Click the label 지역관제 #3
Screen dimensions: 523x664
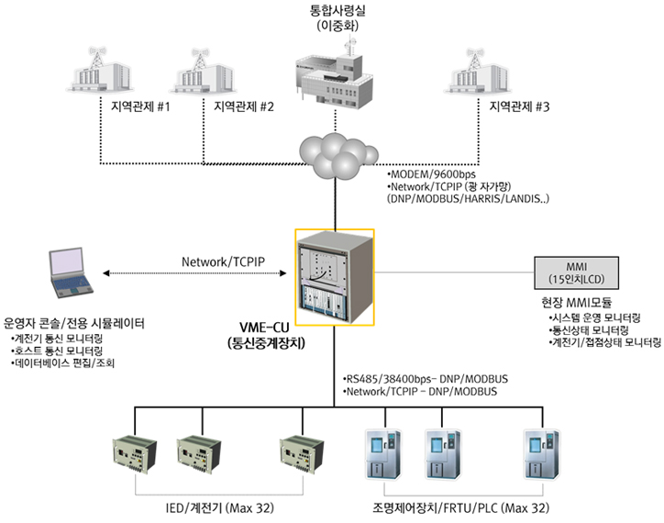point(518,106)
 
